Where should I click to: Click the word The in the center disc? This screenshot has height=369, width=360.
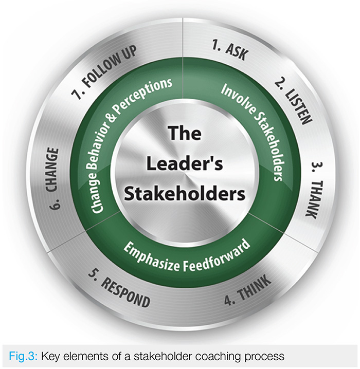[182, 135]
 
